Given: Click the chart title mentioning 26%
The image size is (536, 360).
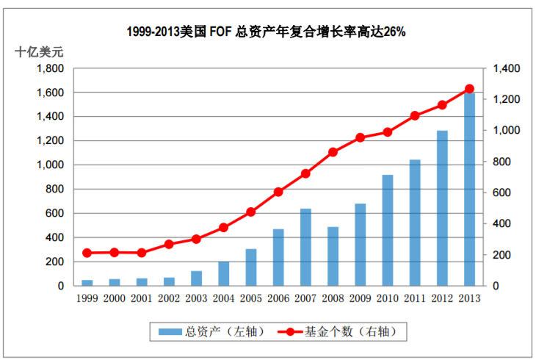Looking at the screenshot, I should coord(267,32).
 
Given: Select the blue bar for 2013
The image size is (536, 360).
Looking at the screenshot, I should coord(468,190).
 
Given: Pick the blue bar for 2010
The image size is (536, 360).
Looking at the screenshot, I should coord(387,230).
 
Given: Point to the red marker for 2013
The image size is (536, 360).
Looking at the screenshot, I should coord(469,89).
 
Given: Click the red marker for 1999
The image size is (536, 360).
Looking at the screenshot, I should coord(87,253).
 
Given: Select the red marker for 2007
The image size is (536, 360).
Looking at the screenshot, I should coord(305,174).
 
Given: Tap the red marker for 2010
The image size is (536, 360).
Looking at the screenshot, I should coord(388,132).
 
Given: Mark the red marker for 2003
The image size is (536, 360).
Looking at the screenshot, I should coord(197,239).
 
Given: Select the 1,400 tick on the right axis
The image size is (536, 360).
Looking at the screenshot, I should coord(506,68).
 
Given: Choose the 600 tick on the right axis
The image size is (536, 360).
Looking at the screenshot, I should coord(503,192).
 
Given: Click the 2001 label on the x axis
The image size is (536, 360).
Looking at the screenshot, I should coord(142,298).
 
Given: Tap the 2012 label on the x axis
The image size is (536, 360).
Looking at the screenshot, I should coord(441,298).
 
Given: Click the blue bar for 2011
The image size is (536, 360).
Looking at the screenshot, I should coord(414,223).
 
